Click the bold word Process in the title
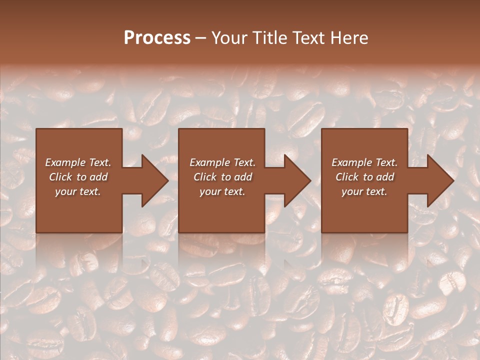[157, 38]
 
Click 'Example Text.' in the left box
[78, 162]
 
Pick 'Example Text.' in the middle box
[222, 162]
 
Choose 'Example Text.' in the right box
[364, 162]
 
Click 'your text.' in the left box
[78, 191]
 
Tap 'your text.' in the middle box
[222, 191]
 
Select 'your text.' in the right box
[364, 191]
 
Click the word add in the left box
[99, 177]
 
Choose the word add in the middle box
[243, 177]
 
